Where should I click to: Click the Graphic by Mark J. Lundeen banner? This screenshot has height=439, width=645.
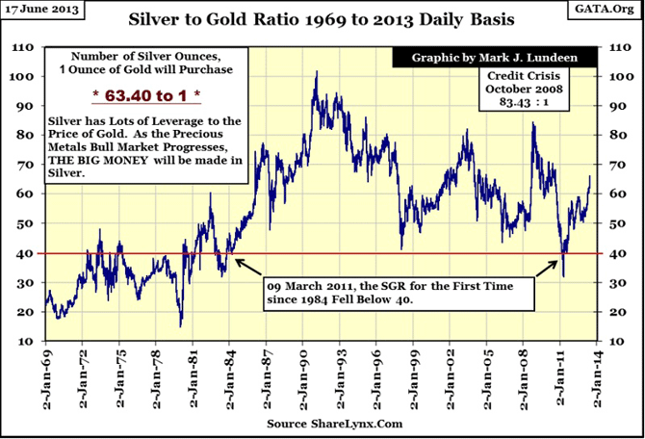click(x=495, y=57)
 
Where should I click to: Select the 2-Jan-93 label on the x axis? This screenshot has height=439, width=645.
click(x=341, y=375)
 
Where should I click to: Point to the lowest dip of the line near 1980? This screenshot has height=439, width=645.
click(x=180, y=326)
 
